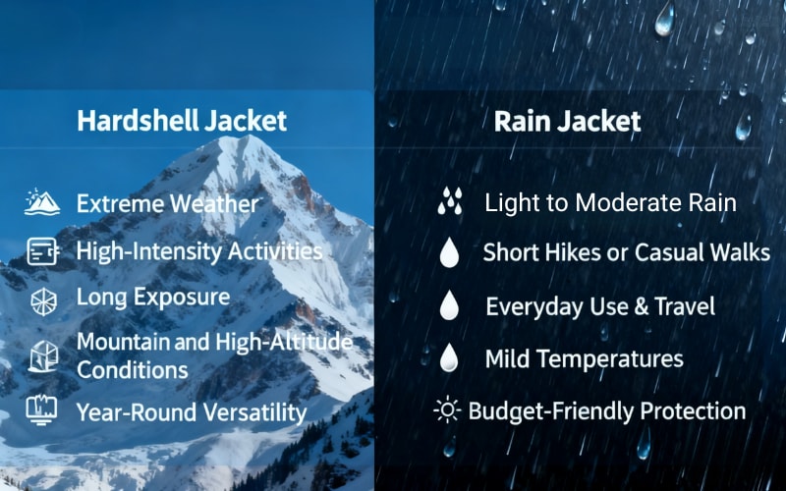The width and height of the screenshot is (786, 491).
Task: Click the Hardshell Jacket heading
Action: [182, 121]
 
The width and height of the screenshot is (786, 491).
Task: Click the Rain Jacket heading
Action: [568, 122]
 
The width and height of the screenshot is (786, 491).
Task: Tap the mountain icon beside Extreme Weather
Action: [42, 202]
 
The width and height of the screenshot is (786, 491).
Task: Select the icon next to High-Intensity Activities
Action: [42, 251]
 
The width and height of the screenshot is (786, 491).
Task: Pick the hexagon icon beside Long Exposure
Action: [43, 301]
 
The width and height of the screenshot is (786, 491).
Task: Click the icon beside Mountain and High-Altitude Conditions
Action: [43, 356]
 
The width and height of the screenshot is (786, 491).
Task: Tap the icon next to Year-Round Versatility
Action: [41, 409]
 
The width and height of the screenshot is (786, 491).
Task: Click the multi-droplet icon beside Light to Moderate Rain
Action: [450, 201]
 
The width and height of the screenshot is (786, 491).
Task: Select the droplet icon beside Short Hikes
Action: [449, 252]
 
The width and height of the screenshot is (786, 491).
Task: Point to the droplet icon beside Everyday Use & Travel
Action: [449, 304]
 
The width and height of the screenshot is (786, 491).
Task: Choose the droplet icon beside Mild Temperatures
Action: [449, 357]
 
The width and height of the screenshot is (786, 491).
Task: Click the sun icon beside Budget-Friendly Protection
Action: [447, 409]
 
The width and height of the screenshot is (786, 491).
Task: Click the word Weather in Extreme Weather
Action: [214, 204]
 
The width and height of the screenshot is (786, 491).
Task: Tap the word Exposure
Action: [183, 298]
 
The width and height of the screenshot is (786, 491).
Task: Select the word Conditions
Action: [133, 370]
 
